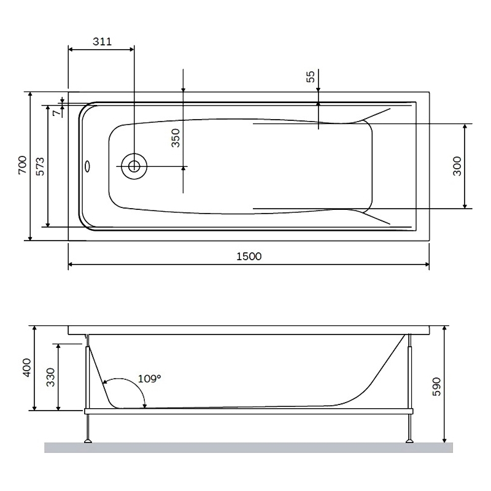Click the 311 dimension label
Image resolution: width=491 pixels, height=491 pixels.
point(102,41)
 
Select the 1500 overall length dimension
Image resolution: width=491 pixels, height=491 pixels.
point(249,256)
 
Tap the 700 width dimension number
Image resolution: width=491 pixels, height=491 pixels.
point(23,164)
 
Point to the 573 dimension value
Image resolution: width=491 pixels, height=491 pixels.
point(40,166)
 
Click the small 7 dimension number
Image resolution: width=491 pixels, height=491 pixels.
point(56,113)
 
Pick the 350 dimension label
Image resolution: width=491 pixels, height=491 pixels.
point(176,137)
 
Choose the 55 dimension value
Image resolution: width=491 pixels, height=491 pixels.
point(310,77)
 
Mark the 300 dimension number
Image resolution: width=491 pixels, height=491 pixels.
point(457,166)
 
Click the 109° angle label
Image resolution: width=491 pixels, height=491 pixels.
point(149,379)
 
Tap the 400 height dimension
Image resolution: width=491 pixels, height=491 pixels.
point(26,368)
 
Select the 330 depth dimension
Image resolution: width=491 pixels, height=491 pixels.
point(50,377)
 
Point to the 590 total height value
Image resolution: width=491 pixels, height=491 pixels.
point(436,387)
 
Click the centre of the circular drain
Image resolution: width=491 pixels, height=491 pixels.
point(134,166)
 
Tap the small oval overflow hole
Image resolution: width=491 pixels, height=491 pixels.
point(87,166)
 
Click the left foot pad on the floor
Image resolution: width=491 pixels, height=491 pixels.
point(88,441)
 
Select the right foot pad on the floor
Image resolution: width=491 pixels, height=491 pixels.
point(409,441)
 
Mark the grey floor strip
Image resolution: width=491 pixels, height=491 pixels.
point(249,447)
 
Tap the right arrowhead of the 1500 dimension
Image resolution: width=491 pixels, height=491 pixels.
point(427,265)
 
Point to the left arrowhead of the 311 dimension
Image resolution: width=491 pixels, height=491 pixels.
point(71,49)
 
